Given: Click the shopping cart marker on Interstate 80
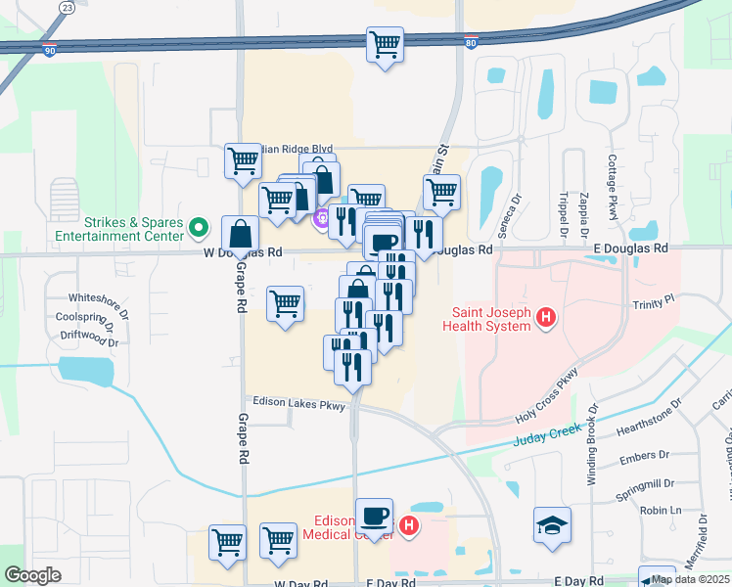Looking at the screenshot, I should [x=386, y=44].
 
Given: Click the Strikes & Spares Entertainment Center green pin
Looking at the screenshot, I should [x=199, y=229].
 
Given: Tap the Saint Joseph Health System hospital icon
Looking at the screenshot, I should [x=547, y=318].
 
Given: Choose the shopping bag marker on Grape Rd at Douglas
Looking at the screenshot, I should [x=240, y=234].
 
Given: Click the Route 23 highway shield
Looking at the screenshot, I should [x=67, y=7].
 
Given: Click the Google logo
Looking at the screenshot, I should [x=32, y=575].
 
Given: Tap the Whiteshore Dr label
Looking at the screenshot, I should [x=98, y=298].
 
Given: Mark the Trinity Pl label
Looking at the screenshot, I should [x=654, y=304].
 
